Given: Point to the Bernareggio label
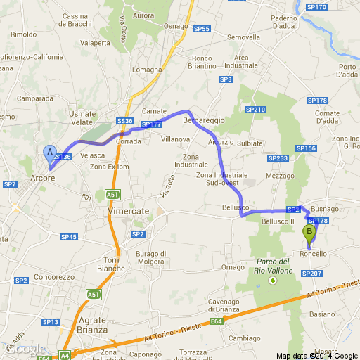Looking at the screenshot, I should tap(203, 121).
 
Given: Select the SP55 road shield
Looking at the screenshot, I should tap(202, 29).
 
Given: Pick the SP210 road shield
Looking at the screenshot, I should tap(257, 110).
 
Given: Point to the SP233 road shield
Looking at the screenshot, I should tap(279, 158).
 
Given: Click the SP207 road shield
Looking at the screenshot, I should tap(311, 273).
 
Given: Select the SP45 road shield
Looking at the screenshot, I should tap(68, 237).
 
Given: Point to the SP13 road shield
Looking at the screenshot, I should tap(50, 321).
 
